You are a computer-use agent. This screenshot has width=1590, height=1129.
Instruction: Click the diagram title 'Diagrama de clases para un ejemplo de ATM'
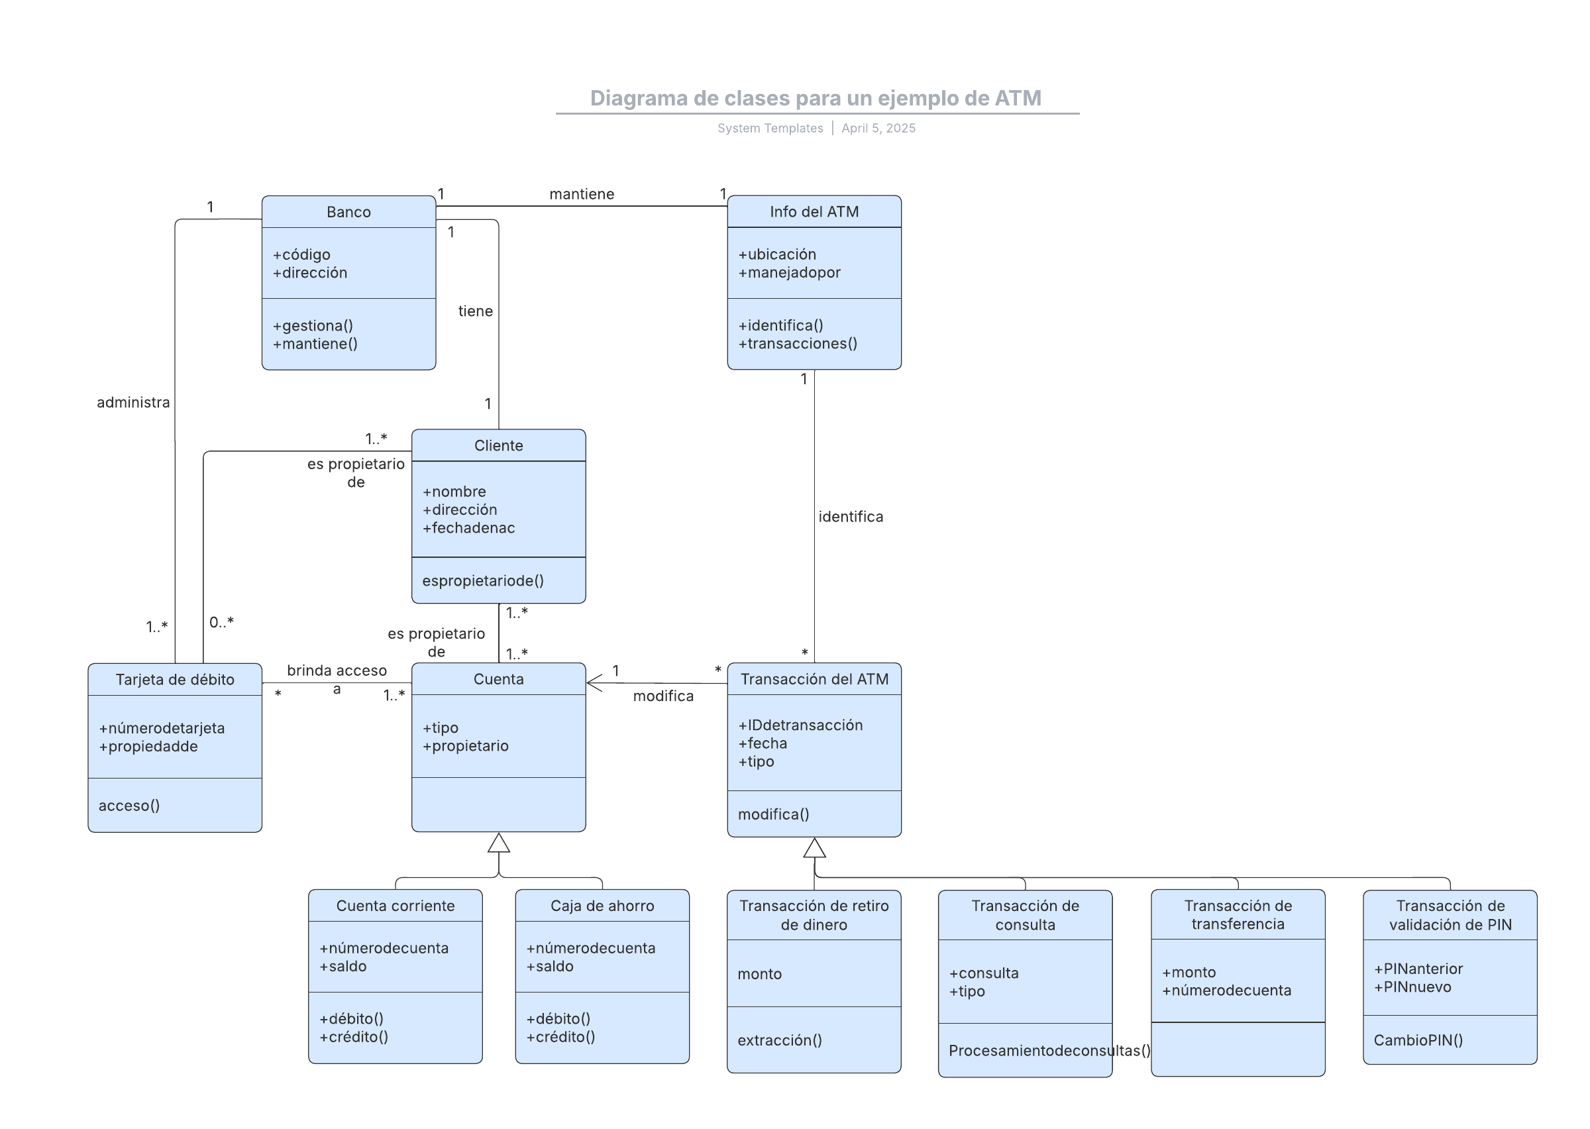point(815,98)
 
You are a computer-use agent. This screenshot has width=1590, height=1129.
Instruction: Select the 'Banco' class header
point(349,212)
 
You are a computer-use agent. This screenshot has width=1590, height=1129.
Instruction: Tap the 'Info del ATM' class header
point(814,212)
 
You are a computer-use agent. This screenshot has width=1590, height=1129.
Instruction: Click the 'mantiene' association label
point(582,194)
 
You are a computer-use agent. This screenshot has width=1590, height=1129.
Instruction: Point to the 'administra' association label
point(133,403)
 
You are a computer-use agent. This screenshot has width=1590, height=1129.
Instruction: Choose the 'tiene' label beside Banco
point(475,311)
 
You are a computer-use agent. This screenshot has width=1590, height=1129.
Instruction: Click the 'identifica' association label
point(851,517)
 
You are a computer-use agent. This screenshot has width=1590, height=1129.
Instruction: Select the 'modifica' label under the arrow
point(663,696)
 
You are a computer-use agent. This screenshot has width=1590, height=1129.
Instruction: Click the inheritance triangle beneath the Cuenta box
point(499,843)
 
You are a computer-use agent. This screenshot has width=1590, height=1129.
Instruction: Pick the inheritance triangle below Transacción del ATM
point(814,847)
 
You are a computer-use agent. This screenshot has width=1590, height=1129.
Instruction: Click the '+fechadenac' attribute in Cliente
point(468,528)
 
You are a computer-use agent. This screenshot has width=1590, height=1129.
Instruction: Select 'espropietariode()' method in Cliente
point(483,580)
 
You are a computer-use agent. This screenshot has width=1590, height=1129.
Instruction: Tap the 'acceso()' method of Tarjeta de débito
point(129,806)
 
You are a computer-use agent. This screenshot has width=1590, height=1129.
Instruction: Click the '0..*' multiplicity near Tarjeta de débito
point(222,622)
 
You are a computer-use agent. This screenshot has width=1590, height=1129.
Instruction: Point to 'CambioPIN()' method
point(1418,1041)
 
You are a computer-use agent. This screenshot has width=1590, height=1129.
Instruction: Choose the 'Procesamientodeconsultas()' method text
point(1049,1050)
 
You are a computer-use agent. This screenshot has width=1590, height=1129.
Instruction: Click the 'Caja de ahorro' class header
point(602,906)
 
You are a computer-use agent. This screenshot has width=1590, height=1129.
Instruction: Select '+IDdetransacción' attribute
point(800,725)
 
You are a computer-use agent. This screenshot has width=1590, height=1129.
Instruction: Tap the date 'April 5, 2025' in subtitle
point(878,128)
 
